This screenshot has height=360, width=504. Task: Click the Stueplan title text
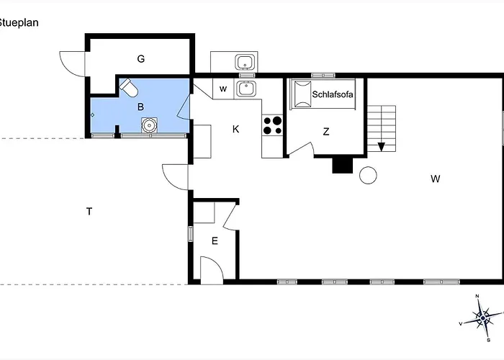tap(19, 23)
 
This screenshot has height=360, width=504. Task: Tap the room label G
tap(141, 59)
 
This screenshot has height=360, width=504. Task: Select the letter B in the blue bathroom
tap(140, 107)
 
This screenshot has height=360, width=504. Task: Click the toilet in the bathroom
tap(129, 87)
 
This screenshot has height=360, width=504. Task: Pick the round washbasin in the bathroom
tap(150, 125)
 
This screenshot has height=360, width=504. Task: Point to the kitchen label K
tap(235, 129)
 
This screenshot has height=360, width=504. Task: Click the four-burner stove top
tap(273, 125)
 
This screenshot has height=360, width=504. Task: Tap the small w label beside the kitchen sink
tap(223, 89)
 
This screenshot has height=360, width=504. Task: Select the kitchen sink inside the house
tap(246, 89)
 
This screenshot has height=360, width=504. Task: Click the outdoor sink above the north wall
tap(246, 63)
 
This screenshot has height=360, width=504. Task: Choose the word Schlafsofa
tap(333, 94)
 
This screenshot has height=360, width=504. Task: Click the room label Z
tap(326, 132)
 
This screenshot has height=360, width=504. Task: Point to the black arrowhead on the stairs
tap(381, 147)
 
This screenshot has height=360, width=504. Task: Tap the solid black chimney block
tap(342, 166)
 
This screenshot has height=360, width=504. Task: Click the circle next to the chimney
tap(368, 176)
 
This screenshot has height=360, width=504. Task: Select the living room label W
tap(435, 179)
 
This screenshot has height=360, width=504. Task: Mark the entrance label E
tap(215, 240)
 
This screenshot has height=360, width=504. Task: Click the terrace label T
tap(89, 212)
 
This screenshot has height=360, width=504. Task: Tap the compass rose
tap(482, 318)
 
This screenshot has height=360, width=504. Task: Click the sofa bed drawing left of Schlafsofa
tap(303, 94)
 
